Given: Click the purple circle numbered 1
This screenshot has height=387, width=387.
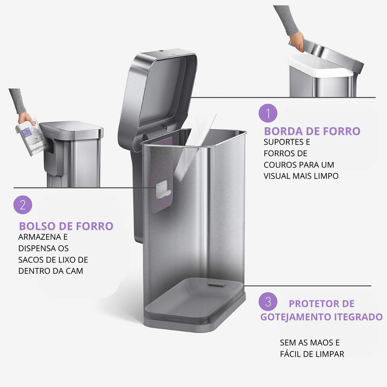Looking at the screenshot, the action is click(x=268, y=113).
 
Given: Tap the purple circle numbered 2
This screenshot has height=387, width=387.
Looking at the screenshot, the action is click(x=23, y=205).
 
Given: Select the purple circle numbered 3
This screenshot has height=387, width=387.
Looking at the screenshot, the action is click(x=268, y=301).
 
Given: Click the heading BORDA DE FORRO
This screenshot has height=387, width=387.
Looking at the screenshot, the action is click(x=312, y=131).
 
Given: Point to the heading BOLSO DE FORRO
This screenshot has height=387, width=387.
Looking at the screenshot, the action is click(x=66, y=226).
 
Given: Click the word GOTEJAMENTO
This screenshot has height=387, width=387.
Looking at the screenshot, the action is click(x=296, y=317).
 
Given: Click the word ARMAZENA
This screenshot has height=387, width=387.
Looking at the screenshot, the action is click(x=40, y=237).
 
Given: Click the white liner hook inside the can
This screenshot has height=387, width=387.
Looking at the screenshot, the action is click(x=163, y=189).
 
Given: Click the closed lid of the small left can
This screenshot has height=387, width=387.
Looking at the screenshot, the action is click(x=71, y=129).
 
